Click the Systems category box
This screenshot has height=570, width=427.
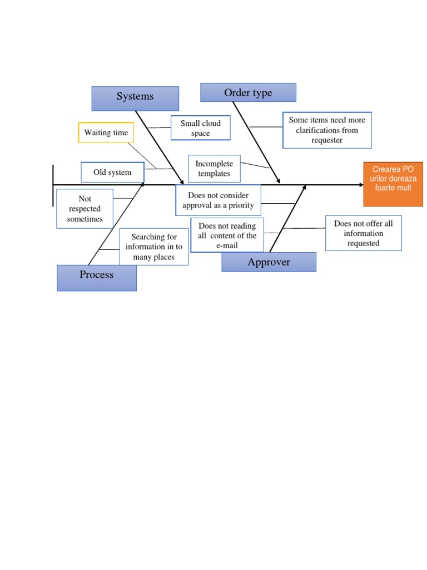pyautogui.click(x=135, y=99)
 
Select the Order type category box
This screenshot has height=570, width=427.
pyautogui.click(x=248, y=92)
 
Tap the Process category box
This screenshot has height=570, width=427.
pyautogui.click(x=97, y=278)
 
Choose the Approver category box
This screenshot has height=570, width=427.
pyautogui.click(x=269, y=262)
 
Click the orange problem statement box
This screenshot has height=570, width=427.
pyautogui.click(x=393, y=184)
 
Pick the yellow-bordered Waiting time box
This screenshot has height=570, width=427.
pyautogui.click(x=106, y=132)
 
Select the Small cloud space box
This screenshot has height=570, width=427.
pyautogui.click(x=200, y=128)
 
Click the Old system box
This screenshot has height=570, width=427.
pyautogui.click(x=112, y=173)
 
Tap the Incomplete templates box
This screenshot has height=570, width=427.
pyautogui.click(x=214, y=169)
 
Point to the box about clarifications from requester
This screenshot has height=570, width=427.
pyautogui.click(x=327, y=130)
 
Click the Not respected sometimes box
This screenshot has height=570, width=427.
pyautogui.click(x=85, y=209)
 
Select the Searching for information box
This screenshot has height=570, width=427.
pyautogui.click(x=154, y=247)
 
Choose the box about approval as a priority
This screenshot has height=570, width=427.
pyautogui.click(x=218, y=200)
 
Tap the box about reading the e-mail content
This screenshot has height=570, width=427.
pyautogui.click(x=227, y=235)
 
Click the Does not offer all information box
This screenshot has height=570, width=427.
pyautogui.click(x=364, y=233)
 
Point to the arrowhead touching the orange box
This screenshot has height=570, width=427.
pyautogui.click(x=361, y=185)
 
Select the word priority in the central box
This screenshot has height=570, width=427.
pyautogui.click(x=241, y=205)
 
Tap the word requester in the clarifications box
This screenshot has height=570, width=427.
pyautogui.click(x=327, y=140)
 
